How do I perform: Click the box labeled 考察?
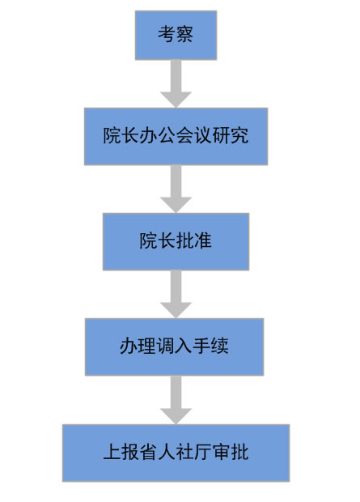coord(176,35)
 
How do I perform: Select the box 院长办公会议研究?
coord(176,136)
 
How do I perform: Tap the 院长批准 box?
coord(176,241)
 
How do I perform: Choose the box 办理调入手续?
coord(175,347)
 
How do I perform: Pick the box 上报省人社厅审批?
coord(176,453)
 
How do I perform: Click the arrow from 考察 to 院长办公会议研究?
coord(176,83)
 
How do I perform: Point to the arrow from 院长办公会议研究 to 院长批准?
coord(176,189)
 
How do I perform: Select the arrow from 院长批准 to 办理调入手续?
coord(176,294)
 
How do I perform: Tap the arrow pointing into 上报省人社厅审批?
coord(176,400)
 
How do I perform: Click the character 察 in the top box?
coord(184,35)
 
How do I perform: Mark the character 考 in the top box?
coord(167,35)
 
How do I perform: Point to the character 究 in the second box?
coord(239,136)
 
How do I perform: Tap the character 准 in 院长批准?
coord(203,240)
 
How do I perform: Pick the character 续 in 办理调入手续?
coord(219,346)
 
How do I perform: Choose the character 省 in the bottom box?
coord(148,452)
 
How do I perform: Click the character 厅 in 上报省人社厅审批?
coord(203,452)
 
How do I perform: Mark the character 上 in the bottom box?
coord(112,452)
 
